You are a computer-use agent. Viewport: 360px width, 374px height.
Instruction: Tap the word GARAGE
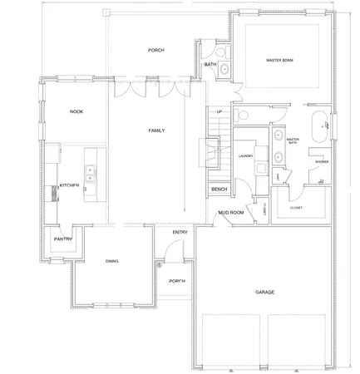pos(265,293)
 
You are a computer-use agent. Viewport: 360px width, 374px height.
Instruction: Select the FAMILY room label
pos(155,131)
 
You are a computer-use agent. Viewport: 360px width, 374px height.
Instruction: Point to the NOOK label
pos(76,111)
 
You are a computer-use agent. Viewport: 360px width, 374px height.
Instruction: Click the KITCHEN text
pos(68,185)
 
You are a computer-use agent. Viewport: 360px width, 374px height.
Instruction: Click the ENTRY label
pos(180,232)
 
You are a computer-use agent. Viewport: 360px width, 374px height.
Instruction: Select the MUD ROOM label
pos(229,213)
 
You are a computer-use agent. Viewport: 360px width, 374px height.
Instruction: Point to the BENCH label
pos(219,189)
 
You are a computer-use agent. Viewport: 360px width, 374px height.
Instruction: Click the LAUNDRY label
pos(244,155)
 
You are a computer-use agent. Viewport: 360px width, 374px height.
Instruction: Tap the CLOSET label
pos(296,208)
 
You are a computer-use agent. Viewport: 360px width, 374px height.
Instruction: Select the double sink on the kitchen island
pos(90,175)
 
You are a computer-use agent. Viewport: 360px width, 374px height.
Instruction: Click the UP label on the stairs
pos(219,111)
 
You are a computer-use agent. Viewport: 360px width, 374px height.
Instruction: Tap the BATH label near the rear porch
pos(210,64)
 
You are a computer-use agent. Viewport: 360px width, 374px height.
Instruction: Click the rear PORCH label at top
pos(155,50)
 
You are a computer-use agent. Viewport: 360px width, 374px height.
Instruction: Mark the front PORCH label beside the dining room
pos(176,281)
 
